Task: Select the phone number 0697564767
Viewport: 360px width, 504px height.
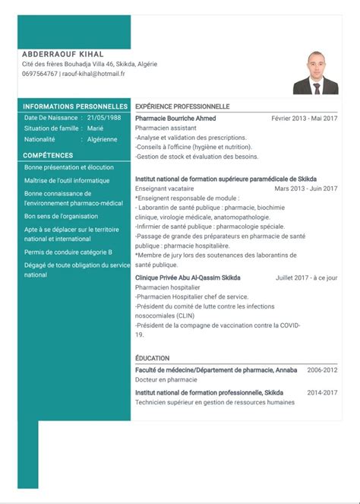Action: (x=40, y=74)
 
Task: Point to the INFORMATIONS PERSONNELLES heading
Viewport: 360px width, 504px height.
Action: (x=75, y=106)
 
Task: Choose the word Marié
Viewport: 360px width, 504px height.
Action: (x=95, y=128)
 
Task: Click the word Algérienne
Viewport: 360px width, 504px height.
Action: (x=102, y=139)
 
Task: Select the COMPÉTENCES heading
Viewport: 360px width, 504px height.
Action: (x=48, y=154)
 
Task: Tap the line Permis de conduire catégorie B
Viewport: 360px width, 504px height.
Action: (x=68, y=252)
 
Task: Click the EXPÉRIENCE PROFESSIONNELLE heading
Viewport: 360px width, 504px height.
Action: (x=182, y=106)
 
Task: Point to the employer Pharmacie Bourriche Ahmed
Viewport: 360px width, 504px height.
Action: (x=175, y=119)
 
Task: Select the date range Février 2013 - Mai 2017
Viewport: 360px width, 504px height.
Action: (x=305, y=119)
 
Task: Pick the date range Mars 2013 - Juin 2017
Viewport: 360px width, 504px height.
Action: (x=306, y=188)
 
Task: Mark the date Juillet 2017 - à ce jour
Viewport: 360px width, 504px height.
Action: (x=307, y=278)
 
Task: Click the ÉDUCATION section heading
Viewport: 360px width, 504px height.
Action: (x=152, y=358)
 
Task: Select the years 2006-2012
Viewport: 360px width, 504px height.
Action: (x=322, y=369)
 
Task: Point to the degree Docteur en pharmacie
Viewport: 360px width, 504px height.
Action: (x=166, y=379)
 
